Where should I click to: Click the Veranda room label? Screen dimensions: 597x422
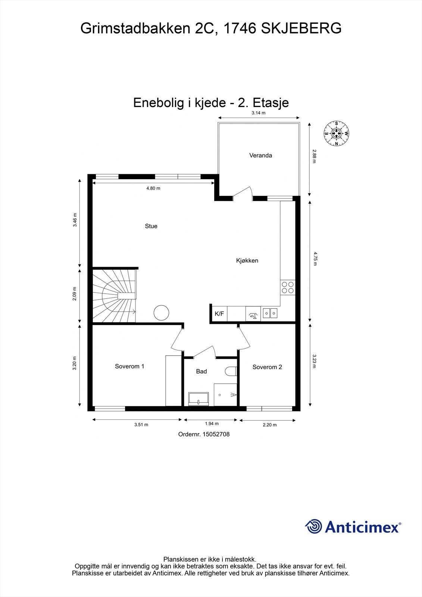pyautogui.click(x=260, y=155)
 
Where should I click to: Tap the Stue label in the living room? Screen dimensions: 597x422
pyautogui.click(x=151, y=226)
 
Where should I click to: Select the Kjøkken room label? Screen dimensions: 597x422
pyautogui.click(x=247, y=260)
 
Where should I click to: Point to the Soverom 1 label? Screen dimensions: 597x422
pyautogui.click(x=129, y=366)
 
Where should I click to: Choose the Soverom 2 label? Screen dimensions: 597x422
pyautogui.click(x=267, y=367)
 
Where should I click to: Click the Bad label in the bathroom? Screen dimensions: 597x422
pyautogui.click(x=201, y=371)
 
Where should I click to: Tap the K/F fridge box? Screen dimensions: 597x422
pyautogui.click(x=219, y=314)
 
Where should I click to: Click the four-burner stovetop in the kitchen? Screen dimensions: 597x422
pyautogui.click(x=288, y=287)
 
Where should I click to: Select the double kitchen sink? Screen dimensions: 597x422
pyautogui.click(x=270, y=313)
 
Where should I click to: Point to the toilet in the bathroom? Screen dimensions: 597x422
pyautogui.click(x=232, y=372)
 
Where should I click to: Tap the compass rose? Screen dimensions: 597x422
pyautogui.click(x=337, y=133)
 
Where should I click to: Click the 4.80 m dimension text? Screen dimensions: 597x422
pyautogui.click(x=153, y=188)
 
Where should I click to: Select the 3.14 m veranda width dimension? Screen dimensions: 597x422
pyautogui.click(x=258, y=113)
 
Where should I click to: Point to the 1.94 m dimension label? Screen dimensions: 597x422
pyautogui.click(x=212, y=423)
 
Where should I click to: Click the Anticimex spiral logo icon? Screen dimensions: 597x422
pyautogui.click(x=313, y=526)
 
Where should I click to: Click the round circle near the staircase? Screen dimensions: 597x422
pyautogui.click(x=162, y=312)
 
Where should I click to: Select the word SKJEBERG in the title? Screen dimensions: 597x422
pyautogui.click(x=301, y=28)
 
